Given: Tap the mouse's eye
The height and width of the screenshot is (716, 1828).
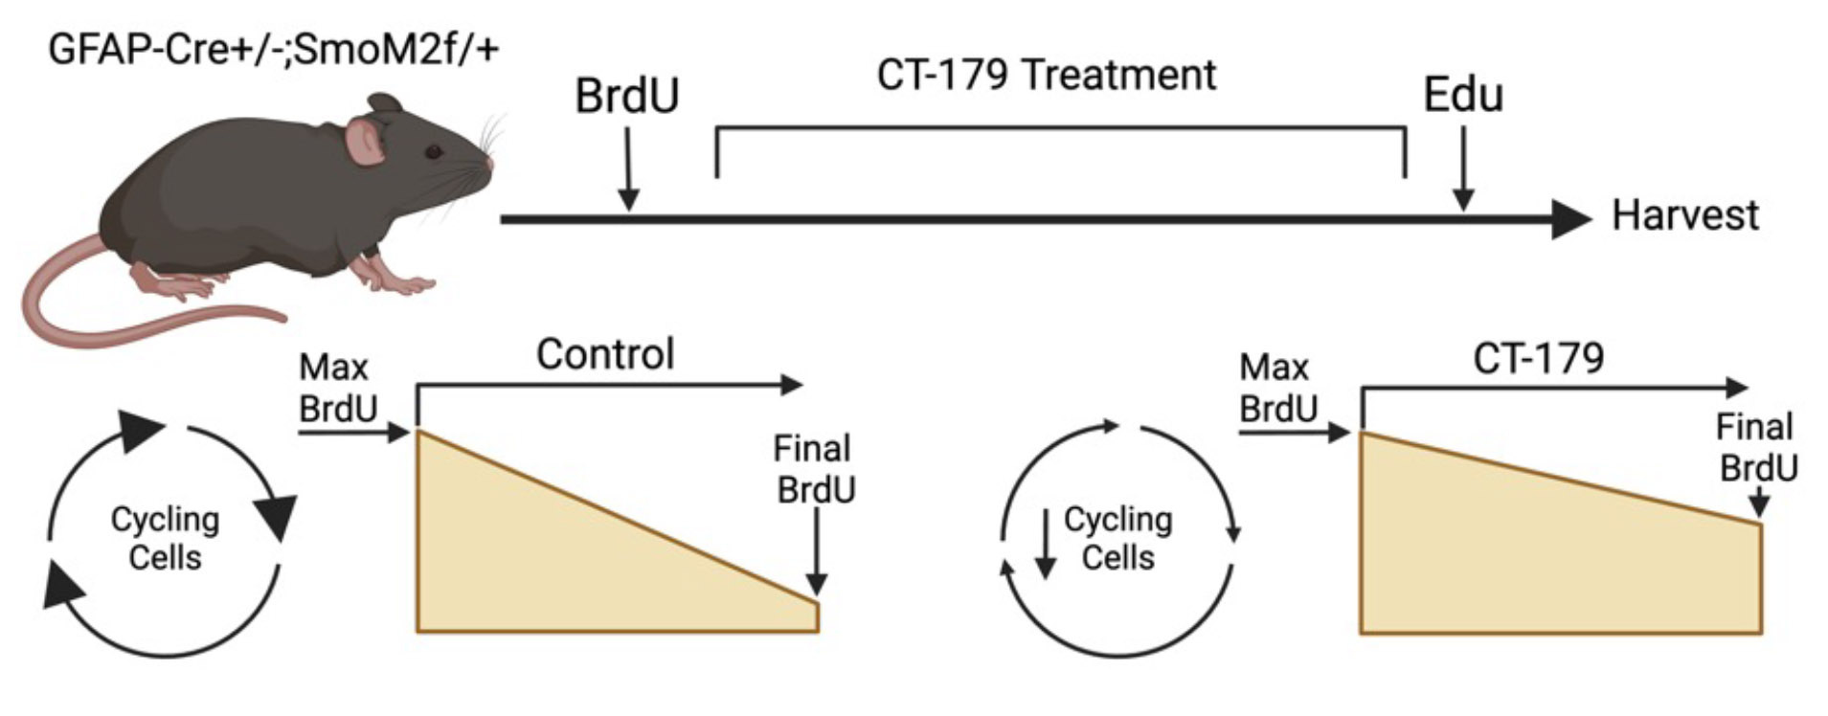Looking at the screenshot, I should [x=434, y=151].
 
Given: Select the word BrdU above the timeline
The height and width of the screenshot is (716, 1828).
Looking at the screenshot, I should [x=627, y=96].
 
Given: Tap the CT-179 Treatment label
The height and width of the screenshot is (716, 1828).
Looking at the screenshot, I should [x=1047, y=76].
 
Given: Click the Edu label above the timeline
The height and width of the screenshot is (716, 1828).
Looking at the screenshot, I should [x=1462, y=95].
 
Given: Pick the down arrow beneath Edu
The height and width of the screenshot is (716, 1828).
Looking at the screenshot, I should [x=1463, y=169].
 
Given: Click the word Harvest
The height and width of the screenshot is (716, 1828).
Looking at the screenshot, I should [x=1685, y=215].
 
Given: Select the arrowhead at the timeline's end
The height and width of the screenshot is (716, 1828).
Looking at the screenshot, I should [x=1570, y=219].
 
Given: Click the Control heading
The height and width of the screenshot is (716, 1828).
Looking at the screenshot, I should [x=605, y=354].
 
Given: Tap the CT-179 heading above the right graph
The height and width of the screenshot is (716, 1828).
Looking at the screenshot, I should [x=1539, y=358].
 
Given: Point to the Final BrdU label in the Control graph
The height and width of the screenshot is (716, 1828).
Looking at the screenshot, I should [x=814, y=469].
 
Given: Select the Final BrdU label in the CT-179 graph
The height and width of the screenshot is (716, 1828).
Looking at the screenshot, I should [x=1756, y=447].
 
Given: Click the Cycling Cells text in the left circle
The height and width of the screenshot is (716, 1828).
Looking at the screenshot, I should [x=165, y=538].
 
